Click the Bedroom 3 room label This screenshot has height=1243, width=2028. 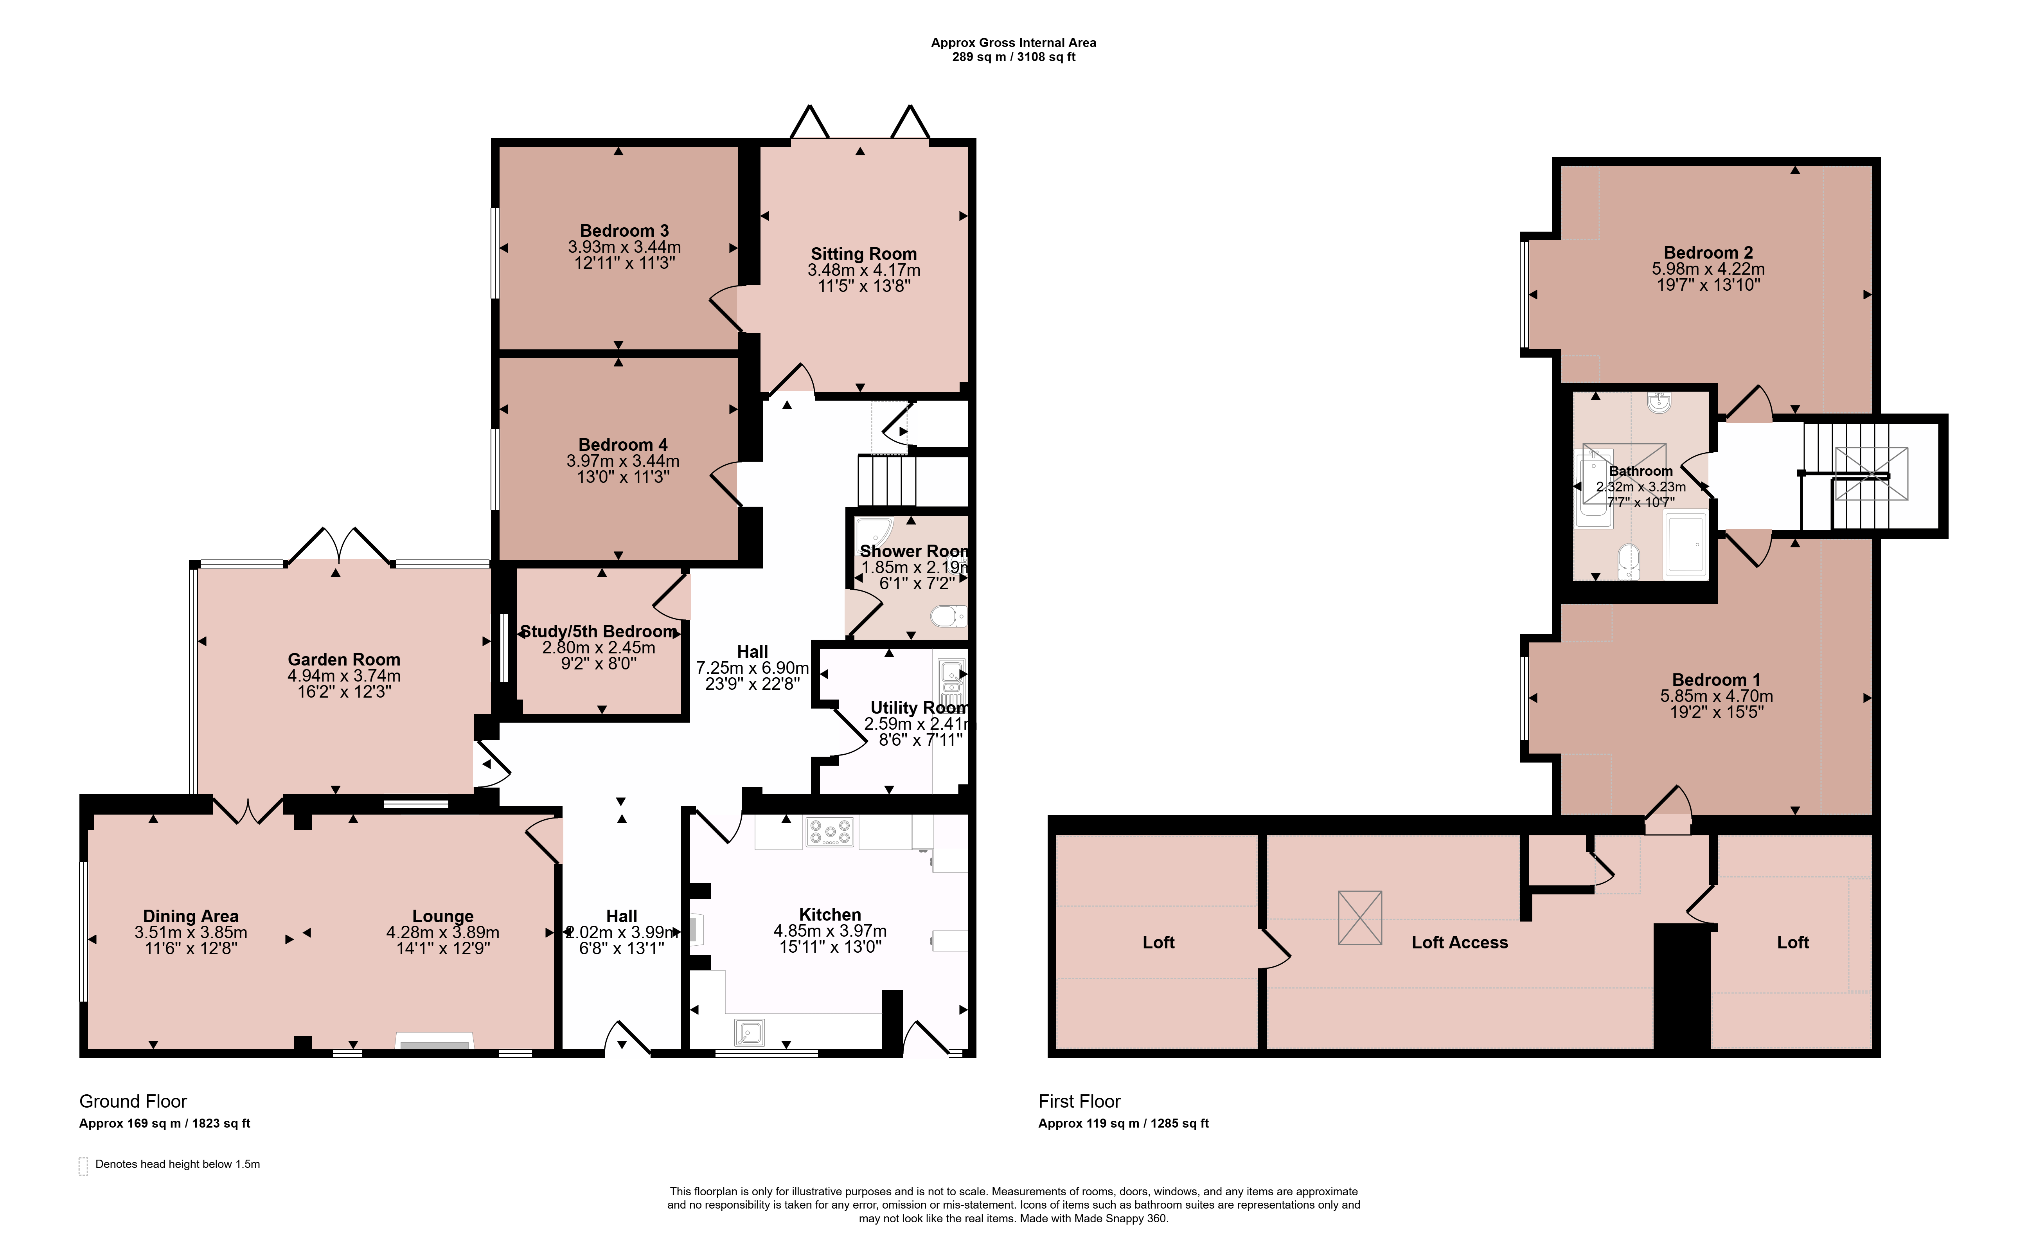(624, 230)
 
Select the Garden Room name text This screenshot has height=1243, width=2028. (344, 659)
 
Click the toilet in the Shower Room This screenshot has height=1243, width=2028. (948, 616)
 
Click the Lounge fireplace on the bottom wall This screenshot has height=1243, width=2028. (435, 1042)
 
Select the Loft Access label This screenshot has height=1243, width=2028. (1459, 943)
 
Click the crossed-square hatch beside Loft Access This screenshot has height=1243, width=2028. (1360, 918)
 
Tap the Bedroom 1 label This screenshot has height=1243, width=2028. (1716, 680)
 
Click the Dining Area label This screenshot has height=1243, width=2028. (191, 916)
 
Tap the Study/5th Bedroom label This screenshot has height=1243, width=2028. (599, 631)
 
